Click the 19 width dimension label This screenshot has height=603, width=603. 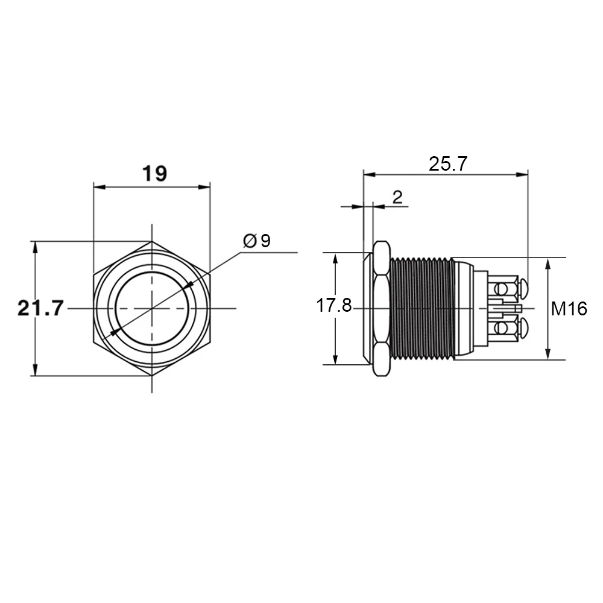click(154, 174)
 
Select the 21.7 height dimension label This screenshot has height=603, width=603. click(41, 308)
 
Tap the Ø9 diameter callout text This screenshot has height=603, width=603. click(257, 241)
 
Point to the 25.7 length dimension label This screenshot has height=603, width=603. click(448, 164)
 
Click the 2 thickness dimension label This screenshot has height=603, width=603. click(397, 197)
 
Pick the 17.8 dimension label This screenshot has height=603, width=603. click(334, 306)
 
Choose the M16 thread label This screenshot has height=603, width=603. click(569, 309)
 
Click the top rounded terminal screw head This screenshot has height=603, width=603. click(524, 287)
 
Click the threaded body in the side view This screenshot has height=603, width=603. click(421, 308)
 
